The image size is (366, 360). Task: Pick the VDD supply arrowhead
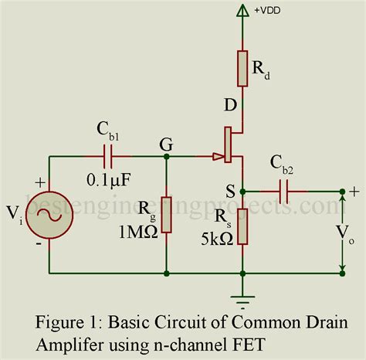(242, 12)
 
